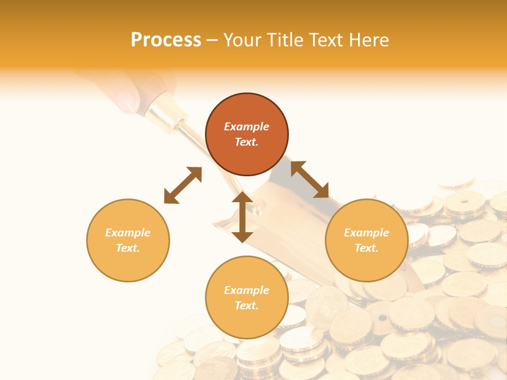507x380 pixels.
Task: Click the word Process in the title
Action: [166, 40]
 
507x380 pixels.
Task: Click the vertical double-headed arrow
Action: [242, 217]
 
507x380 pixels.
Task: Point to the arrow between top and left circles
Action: [183, 185]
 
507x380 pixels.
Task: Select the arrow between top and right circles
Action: [310, 179]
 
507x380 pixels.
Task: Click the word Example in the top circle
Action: [247, 127]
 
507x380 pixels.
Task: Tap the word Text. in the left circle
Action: [128, 248]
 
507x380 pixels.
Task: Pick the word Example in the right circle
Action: [367, 233]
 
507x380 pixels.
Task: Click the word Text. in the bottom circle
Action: [247, 306]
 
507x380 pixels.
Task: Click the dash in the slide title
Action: [212, 40]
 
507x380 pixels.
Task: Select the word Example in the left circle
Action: [128, 233]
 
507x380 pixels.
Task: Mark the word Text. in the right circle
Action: [367, 248]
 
